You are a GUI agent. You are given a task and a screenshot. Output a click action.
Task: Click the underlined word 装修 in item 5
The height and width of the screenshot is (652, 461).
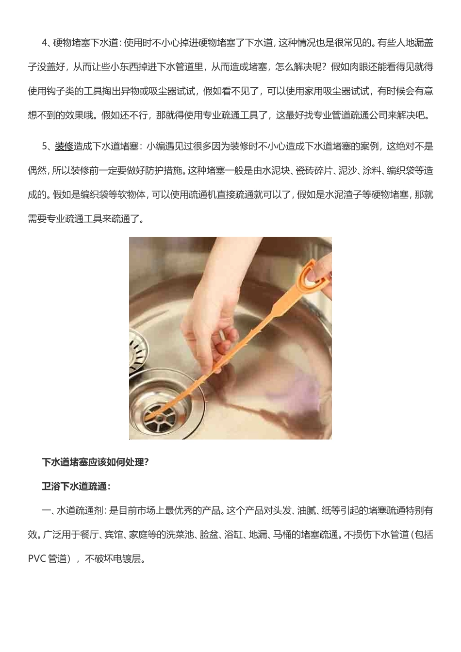(64, 146)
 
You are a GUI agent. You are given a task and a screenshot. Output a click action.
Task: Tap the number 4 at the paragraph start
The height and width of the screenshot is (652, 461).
(45, 43)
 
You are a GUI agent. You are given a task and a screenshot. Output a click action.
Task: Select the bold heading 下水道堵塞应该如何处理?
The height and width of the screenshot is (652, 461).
(96, 462)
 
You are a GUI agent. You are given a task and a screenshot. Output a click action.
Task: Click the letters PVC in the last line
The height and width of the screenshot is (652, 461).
(37, 559)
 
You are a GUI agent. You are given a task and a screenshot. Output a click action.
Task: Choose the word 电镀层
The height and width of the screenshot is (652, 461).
(128, 559)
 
